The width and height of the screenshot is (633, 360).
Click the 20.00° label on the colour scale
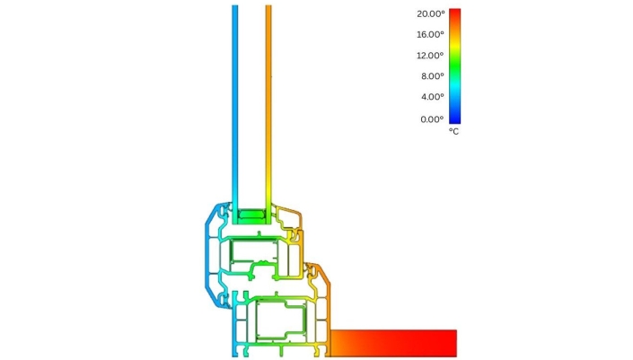(431, 13)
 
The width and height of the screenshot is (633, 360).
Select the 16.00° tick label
(430, 35)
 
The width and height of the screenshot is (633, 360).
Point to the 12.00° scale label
(430, 56)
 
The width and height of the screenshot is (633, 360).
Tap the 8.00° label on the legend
(433, 76)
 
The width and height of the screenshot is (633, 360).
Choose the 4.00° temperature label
(433, 97)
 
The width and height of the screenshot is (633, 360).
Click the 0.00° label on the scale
(432, 119)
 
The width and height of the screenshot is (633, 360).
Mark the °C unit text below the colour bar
(453, 132)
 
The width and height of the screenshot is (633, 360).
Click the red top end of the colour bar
(454, 12)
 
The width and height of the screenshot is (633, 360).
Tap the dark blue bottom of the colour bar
(454, 120)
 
